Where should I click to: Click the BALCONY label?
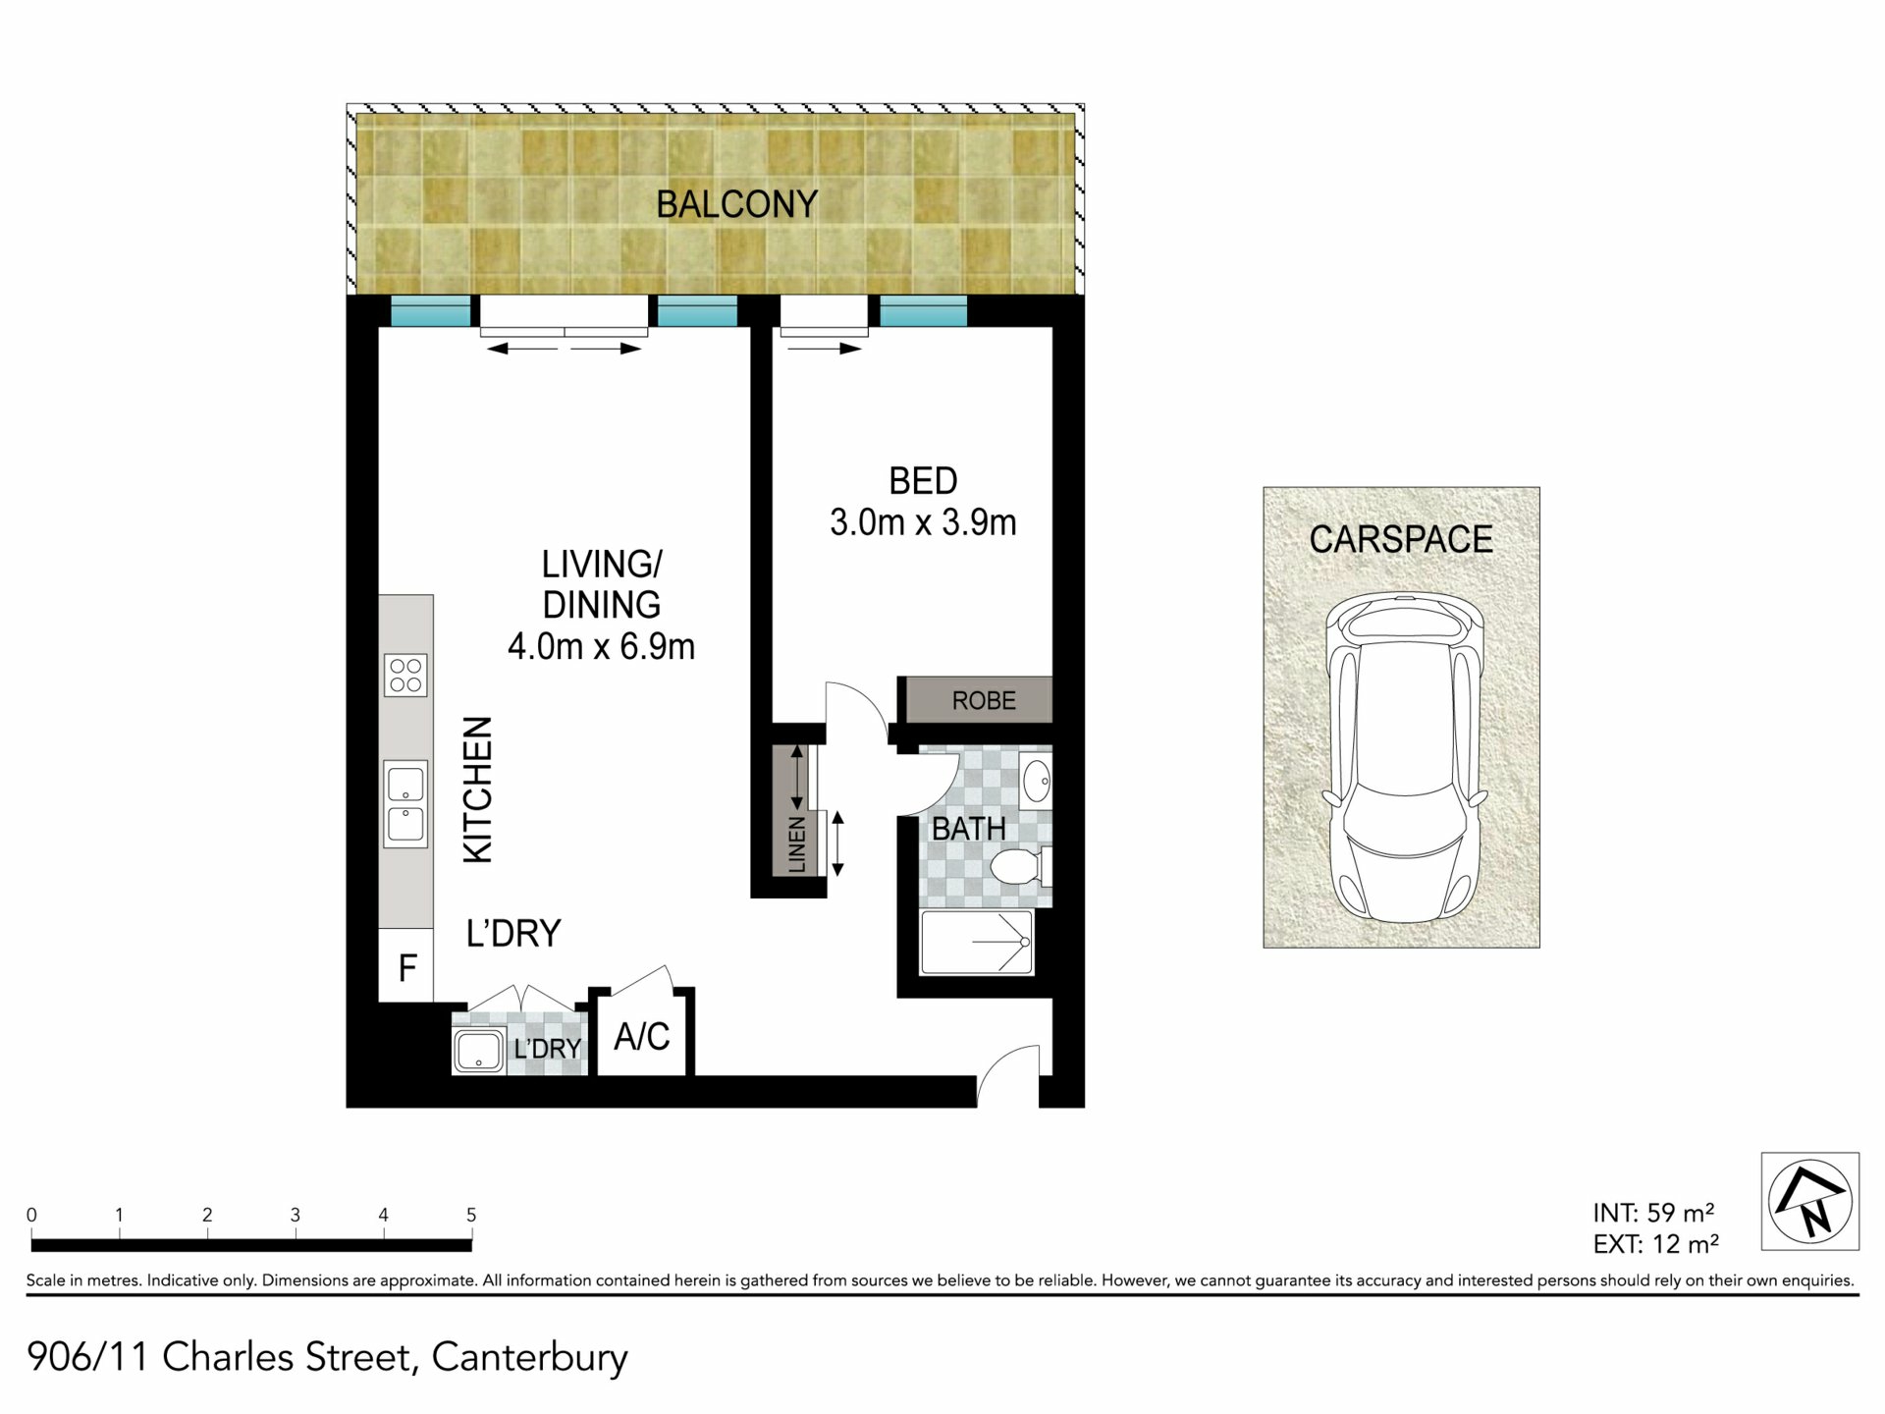(736, 204)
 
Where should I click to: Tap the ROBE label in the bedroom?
(984, 700)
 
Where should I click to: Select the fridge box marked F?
(406, 967)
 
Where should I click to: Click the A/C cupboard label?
(642, 1036)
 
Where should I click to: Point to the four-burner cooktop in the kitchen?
(405, 676)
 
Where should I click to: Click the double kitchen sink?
(405, 803)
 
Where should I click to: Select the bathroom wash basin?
(1036, 783)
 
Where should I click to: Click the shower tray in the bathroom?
(976, 943)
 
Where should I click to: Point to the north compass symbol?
(1809, 1200)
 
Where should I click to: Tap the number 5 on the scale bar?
(471, 1215)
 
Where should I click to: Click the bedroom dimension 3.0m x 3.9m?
(923, 522)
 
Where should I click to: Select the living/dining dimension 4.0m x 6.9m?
(601, 646)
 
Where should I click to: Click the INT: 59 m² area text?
(1653, 1213)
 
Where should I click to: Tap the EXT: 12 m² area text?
(1655, 1244)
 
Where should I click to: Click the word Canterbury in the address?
(529, 1358)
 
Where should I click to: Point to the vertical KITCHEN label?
(477, 789)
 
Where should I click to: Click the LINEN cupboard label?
(796, 844)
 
